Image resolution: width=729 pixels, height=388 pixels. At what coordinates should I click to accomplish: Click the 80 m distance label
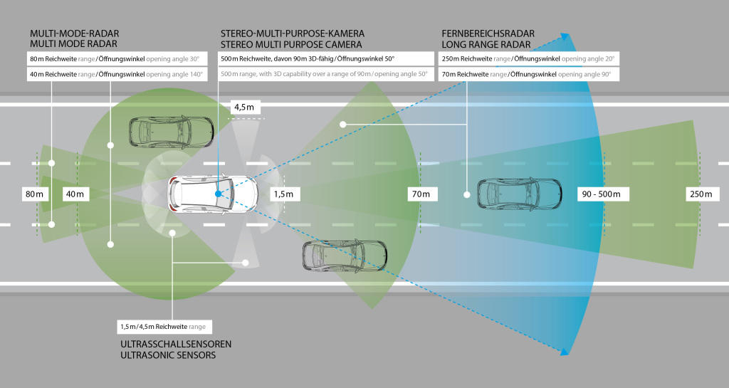tap(35, 194)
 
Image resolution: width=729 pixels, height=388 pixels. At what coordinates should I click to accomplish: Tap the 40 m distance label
tap(75, 194)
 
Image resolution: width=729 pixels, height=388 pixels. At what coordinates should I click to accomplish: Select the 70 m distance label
tap(421, 194)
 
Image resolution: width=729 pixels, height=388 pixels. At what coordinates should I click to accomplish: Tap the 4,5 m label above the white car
tap(246, 107)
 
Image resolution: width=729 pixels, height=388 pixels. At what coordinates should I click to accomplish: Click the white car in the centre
tap(212, 194)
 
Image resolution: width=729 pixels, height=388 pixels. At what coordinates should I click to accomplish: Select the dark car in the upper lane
tap(171, 132)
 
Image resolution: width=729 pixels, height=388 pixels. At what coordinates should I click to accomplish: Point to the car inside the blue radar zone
tap(519, 194)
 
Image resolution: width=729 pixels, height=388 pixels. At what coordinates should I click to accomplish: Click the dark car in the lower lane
tap(345, 255)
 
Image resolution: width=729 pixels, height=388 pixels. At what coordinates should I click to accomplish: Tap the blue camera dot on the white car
tap(218, 194)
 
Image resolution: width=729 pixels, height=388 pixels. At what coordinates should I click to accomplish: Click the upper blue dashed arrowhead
tap(565, 37)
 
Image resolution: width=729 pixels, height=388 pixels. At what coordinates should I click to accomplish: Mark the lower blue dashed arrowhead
tap(565, 351)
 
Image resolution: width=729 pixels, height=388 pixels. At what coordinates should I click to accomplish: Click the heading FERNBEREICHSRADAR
tap(488, 33)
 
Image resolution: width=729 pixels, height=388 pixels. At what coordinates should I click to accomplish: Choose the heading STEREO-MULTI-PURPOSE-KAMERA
tap(293, 33)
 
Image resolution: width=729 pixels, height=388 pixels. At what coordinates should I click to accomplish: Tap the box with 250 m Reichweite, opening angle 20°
tap(529, 59)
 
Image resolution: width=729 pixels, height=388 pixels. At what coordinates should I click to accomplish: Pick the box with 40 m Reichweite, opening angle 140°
tap(117, 74)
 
